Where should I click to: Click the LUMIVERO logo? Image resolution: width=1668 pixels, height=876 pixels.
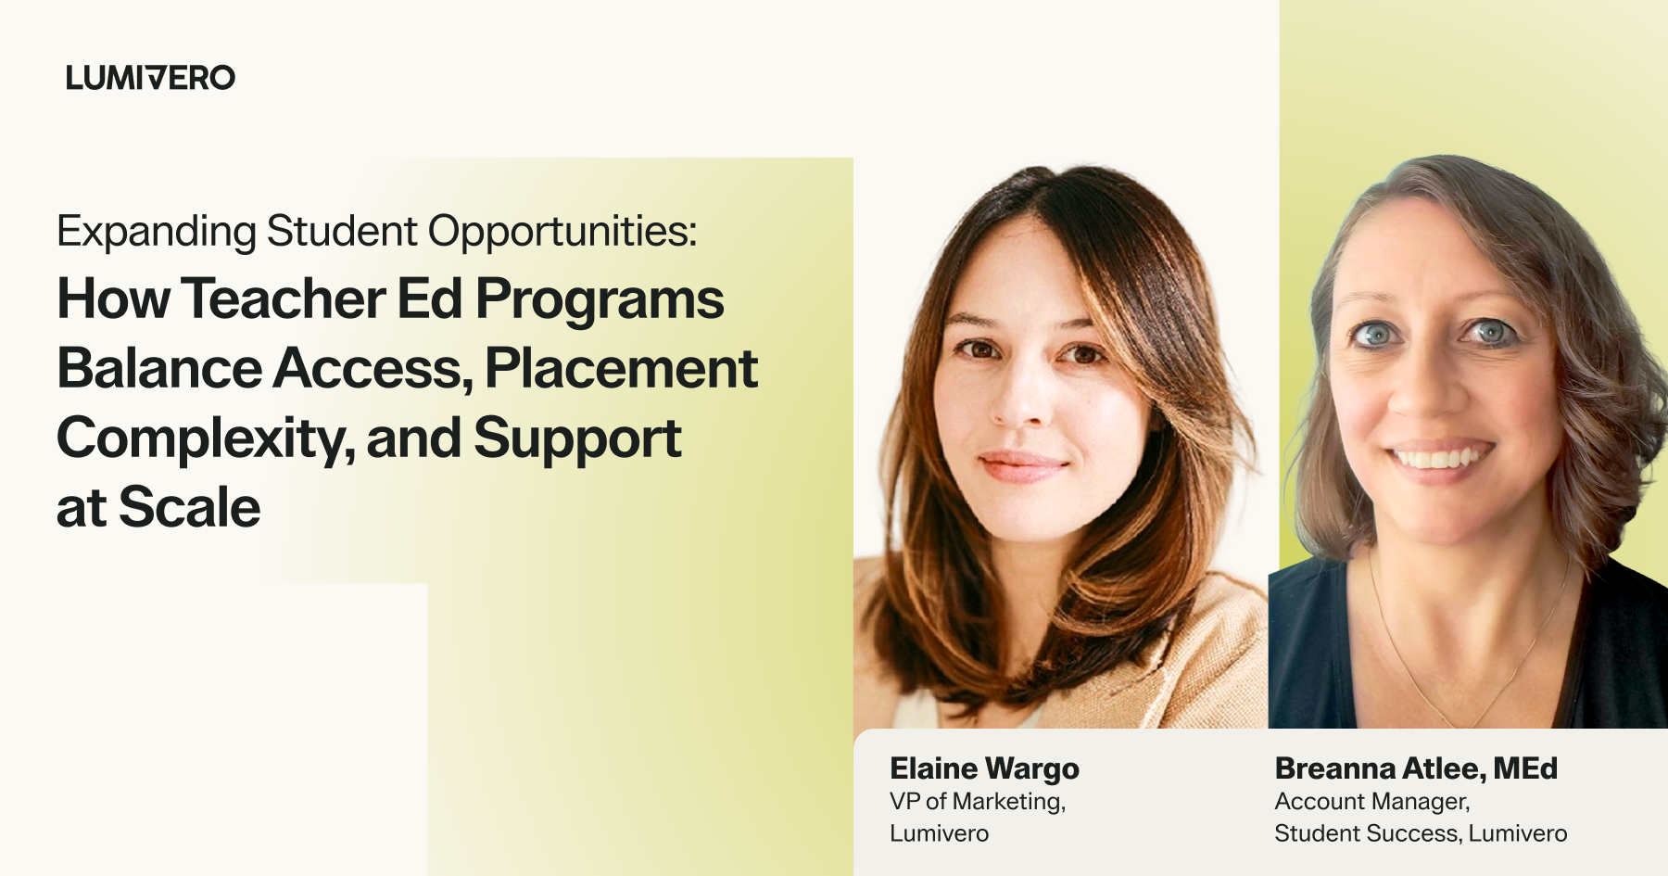(150, 78)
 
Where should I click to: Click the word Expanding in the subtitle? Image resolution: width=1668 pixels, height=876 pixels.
(156, 233)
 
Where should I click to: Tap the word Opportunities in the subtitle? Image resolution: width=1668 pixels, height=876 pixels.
(562, 233)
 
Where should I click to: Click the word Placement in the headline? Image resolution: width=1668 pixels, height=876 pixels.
(621, 368)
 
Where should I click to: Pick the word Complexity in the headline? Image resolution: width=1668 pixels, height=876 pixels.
(205, 439)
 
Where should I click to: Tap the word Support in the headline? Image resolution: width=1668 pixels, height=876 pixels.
(578, 439)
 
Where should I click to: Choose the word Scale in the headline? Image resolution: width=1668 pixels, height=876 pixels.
(190, 507)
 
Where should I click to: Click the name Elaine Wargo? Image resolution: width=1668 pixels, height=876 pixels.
(984, 768)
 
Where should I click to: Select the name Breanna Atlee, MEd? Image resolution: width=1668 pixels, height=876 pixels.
(1416, 768)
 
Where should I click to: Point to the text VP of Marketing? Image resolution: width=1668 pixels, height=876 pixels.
(978, 801)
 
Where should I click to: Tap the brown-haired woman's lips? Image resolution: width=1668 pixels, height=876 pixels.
(1022, 464)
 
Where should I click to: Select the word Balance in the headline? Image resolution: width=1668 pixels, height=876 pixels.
(159, 368)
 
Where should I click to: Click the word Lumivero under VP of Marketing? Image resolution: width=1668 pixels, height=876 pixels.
(939, 833)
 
